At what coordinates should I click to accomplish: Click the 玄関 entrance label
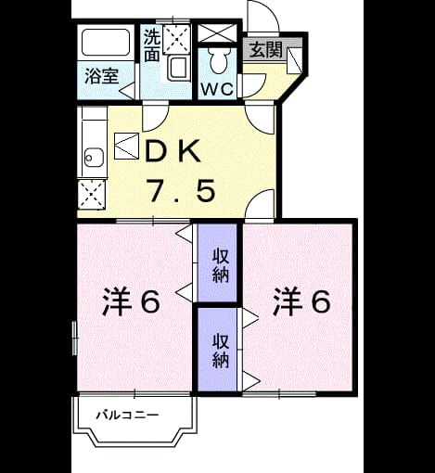[266, 49]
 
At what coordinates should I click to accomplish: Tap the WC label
[217, 89]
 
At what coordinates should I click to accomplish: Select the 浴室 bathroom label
[102, 76]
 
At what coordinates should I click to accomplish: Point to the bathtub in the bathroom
[106, 43]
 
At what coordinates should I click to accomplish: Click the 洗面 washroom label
[152, 45]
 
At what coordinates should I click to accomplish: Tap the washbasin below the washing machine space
[177, 68]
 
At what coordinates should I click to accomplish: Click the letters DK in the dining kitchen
[173, 151]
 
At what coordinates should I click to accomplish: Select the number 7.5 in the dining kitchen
[183, 191]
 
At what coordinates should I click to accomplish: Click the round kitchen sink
[94, 158]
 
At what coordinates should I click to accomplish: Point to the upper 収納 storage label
[221, 266]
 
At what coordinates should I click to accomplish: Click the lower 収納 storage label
[221, 351]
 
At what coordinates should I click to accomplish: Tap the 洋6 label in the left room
[132, 301]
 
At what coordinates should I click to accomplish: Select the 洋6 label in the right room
[301, 301]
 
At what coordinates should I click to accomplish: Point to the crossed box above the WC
[217, 32]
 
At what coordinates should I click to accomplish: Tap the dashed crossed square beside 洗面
[176, 40]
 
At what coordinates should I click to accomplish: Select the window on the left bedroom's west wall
[74, 338]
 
